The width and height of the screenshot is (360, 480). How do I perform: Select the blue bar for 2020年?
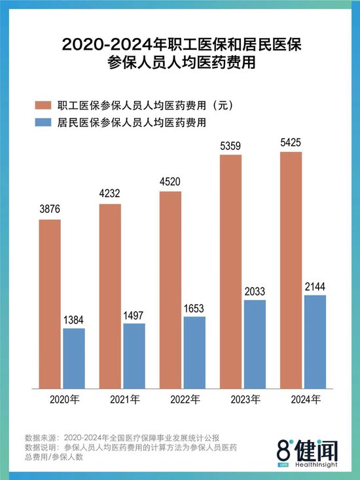[x=74, y=357]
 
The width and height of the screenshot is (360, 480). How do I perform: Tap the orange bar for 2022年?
[x=170, y=289]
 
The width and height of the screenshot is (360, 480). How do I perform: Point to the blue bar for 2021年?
[x=134, y=354]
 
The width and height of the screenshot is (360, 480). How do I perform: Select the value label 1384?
[x=74, y=319]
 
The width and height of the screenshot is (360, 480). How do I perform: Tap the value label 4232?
[x=110, y=194]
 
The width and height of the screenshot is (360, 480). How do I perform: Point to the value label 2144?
[x=315, y=286]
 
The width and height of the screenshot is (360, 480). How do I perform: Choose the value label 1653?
[x=194, y=307]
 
